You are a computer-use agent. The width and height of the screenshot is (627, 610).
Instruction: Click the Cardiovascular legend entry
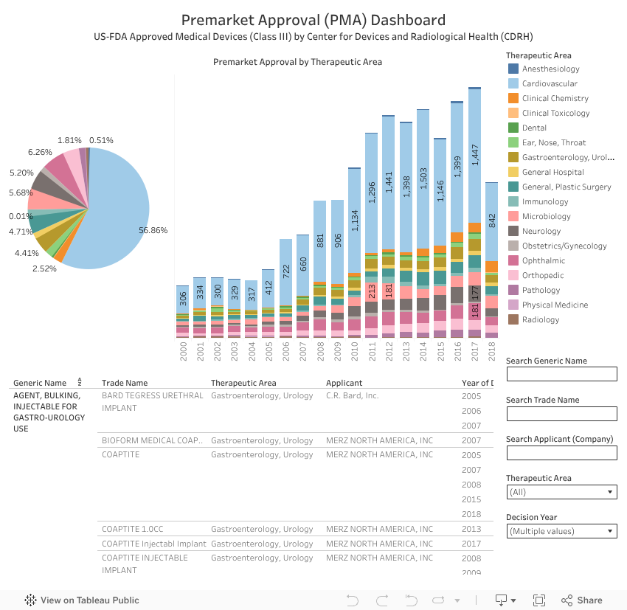550,83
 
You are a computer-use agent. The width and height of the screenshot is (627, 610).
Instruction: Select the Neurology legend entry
541,231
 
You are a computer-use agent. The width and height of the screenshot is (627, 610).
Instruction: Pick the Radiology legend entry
541,319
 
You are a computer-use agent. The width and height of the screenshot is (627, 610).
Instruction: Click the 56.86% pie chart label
153,230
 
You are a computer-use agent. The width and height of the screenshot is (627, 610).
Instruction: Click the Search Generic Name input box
561,374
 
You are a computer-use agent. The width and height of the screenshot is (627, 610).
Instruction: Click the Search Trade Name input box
561,413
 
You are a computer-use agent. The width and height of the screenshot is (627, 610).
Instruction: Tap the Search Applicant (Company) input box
561,452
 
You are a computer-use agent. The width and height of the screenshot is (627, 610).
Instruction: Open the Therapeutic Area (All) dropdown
561,492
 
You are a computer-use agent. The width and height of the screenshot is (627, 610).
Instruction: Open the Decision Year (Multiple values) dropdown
561,531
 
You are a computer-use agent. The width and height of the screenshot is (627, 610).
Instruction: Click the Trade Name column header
125,383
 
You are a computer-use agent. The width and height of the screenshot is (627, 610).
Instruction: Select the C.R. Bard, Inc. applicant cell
352,395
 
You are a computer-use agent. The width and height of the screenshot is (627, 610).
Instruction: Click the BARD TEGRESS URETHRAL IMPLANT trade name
152,401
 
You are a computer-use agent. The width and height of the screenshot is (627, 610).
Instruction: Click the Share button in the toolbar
581,600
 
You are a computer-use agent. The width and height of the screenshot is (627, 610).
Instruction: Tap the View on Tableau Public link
82,600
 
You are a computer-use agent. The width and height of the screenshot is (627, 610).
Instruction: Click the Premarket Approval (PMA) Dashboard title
313,20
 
